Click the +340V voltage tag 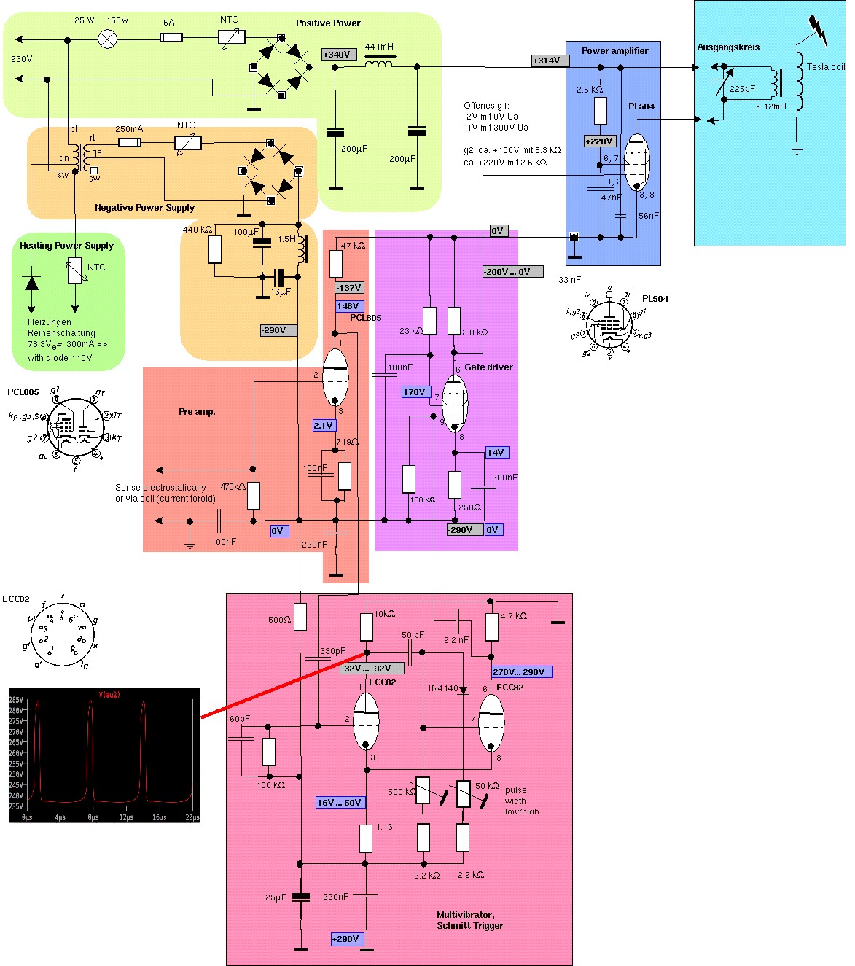pyautogui.click(x=338, y=55)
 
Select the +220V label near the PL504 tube pyautogui.click(x=600, y=141)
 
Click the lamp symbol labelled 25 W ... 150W pyautogui.click(x=108, y=39)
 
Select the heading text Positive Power pyautogui.click(x=328, y=23)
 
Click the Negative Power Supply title pyautogui.click(x=144, y=208)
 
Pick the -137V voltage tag pyautogui.click(x=349, y=288)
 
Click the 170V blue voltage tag pyautogui.click(x=414, y=392)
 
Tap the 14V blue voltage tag pyautogui.click(x=496, y=453)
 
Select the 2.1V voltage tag pyautogui.click(x=324, y=426)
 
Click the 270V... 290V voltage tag pyautogui.click(x=521, y=672)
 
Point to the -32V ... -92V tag pyautogui.click(x=366, y=669)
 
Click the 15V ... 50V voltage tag pyautogui.click(x=340, y=803)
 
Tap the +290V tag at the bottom pyautogui.click(x=345, y=939)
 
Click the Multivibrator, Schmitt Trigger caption pyautogui.click(x=469, y=920)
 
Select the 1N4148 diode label pyautogui.click(x=443, y=689)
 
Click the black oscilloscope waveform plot pyautogui.click(x=104, y=755)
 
